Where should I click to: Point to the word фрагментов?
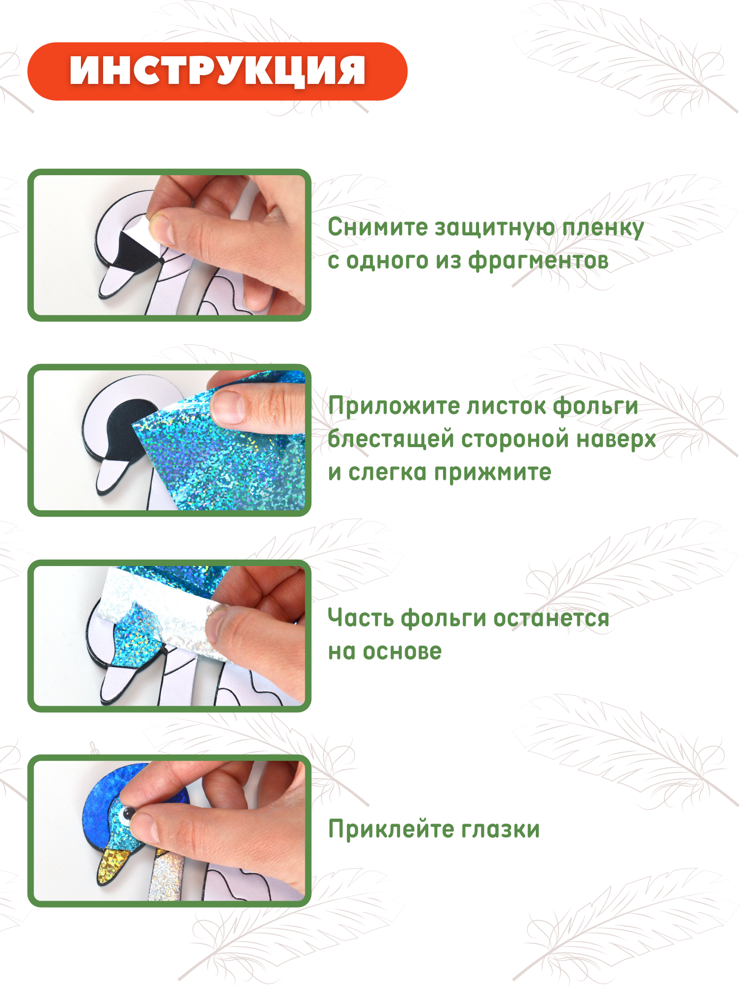tap(538, 261)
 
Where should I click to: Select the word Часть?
tap(361, 618)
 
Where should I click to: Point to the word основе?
tap(402, 651)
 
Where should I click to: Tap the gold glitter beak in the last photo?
tap(112, 864)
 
